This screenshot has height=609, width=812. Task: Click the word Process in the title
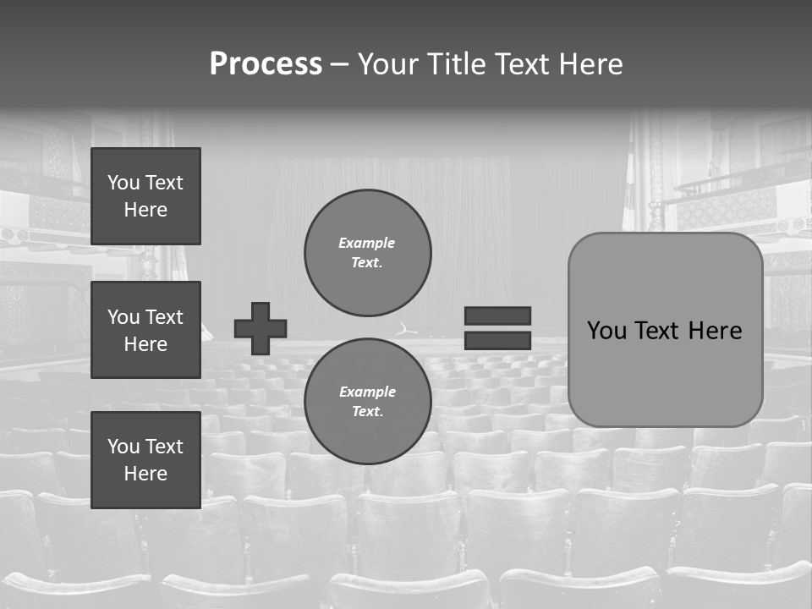(266, 64)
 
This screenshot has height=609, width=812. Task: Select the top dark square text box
(145, 196)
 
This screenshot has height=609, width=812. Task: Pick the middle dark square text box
(145, 330)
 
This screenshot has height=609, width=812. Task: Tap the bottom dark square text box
(145, 460)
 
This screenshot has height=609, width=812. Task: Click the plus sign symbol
(261, 328)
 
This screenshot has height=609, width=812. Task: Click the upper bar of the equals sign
(497, 315)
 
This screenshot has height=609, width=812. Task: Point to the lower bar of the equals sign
(497, 340)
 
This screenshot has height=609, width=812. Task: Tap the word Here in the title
(590, 64)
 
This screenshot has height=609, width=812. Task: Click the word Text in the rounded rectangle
(661, 331)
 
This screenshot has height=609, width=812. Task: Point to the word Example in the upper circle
(367, 243)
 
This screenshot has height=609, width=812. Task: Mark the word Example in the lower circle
(367, 392)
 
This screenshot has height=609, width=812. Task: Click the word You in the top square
(123, 183)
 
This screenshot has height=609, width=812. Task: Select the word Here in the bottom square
(145, 474)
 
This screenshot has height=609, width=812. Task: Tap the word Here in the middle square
(145, 344)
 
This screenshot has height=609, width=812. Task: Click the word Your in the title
(388, 64)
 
